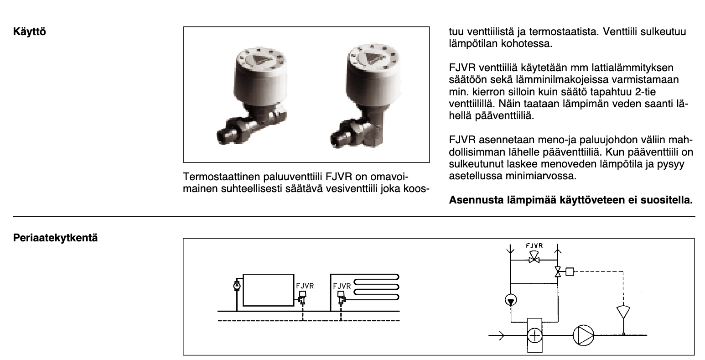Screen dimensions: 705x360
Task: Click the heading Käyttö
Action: (29, 31)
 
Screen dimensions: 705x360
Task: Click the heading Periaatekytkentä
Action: (55, 238)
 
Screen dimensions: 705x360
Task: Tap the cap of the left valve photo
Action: (261, 77)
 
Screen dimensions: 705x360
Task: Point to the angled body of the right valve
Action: (374, 130)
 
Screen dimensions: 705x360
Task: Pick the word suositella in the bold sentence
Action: (667, 200)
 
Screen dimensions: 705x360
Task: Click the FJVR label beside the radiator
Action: (305, 286)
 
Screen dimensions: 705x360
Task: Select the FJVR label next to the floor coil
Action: (342, 286)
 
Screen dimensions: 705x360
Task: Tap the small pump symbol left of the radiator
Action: (237, 286)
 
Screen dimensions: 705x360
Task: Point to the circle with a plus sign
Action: (535, 335)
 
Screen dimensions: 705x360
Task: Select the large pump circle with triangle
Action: (583, 335)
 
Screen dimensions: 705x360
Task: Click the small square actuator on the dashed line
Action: (570, 271)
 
